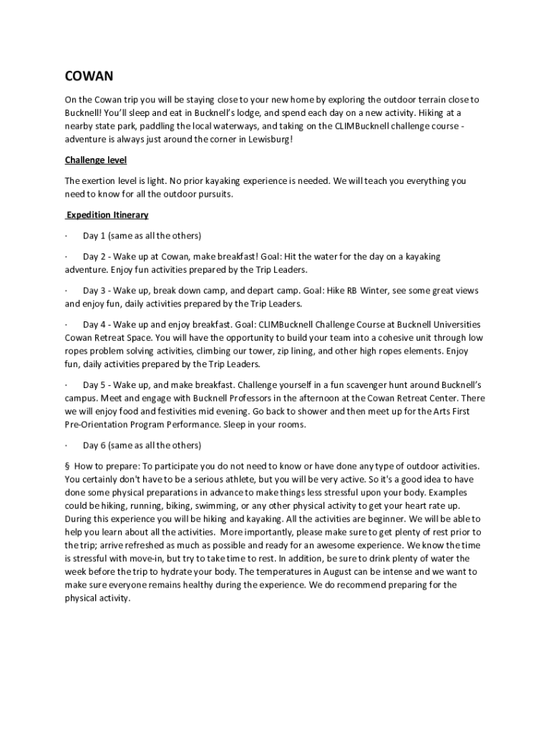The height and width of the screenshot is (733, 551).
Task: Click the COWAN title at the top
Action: pos(89,76)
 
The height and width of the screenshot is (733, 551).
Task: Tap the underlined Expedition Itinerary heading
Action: pos(107,215)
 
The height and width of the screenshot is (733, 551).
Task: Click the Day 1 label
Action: pos(94,236)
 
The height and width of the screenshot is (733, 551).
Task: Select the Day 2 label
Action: pos(94,256)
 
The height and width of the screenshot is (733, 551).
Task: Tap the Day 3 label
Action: pos(94,291)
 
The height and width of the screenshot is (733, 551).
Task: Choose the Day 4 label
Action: pos(94,325)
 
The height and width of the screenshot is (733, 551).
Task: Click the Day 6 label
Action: pos(94,445)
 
